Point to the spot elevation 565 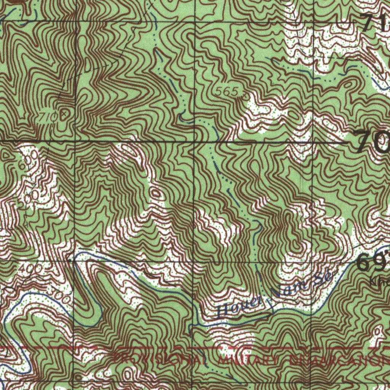click(x=227, y=91)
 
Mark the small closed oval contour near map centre click(x=156, y=193)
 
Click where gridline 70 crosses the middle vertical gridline click(x=194, y=142)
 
